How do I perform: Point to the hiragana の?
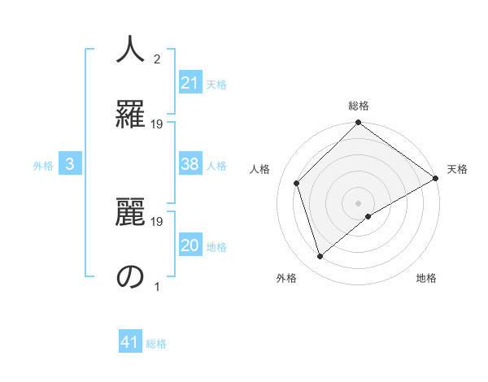[131, 276]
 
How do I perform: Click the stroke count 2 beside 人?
[157, 59]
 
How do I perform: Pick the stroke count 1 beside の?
[157, 286]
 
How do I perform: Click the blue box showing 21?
[190, 83]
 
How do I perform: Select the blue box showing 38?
[190, 164]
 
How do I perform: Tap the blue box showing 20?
[190, 246]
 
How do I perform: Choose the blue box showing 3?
[70, 164]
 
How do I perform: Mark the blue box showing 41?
[131, 342]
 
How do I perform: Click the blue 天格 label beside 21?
[216, 84]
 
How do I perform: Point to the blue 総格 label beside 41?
[156, 344]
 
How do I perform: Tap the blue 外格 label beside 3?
[43, 165]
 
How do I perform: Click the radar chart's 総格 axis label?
[359, 106]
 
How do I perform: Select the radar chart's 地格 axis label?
[426, 278]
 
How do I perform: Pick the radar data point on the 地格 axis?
[368, 215]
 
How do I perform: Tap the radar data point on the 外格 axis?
[320, 256]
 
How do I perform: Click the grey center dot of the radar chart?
[359, 202]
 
